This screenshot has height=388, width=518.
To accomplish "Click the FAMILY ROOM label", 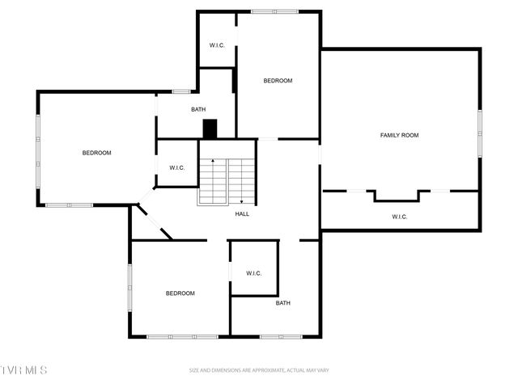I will click(x=399, y=135).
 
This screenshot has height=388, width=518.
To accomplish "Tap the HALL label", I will click(x=242, y=214).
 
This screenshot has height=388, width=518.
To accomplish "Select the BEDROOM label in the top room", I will click(x=278, y=81).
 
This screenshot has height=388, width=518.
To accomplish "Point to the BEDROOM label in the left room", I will click(x=96, y=153).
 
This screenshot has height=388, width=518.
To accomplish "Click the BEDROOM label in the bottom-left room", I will click(x=180, y=293).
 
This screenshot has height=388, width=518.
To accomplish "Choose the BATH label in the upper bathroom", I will click(x=198, y=109).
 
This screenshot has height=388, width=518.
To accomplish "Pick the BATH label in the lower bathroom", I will click(x=282, y=303).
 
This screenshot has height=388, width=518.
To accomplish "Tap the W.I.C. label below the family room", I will click(x=399, y=217).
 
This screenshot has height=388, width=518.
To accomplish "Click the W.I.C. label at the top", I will click(x=217, y=45).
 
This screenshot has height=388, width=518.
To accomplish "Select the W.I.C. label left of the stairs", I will click(x=177, y=167).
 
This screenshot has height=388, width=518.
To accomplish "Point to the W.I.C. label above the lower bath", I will click(x=254, y=273).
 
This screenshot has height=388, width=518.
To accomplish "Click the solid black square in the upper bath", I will click(x=210, y=129).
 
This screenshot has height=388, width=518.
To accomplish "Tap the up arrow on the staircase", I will click(x=213, y=162).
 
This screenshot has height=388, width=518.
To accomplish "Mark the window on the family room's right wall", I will click(x=479, y=133).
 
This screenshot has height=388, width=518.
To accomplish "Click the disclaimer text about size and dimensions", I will click(x=259, y=370).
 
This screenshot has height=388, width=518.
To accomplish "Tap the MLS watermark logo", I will click(x=24, y=370).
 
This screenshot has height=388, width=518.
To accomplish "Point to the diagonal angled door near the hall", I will click(x=154, y=221).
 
